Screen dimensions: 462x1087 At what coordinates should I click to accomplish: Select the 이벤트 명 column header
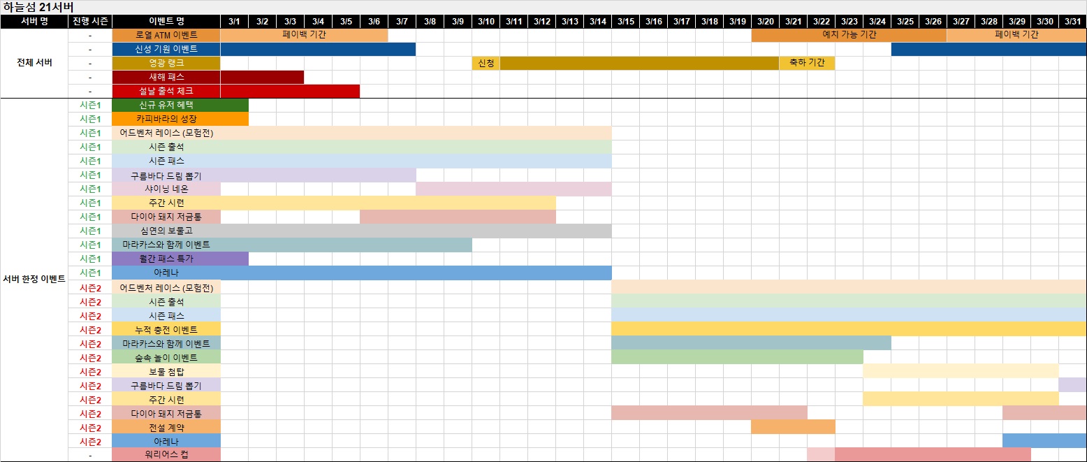166,21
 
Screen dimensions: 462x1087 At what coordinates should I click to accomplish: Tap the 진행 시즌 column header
90,21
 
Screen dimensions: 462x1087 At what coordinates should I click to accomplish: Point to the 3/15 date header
625,21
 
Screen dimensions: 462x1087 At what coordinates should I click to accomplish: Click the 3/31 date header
1072,21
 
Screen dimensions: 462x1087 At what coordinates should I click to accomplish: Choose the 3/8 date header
430,21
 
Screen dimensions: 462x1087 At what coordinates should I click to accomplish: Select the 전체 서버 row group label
34,63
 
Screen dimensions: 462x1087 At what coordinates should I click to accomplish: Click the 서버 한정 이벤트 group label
34,280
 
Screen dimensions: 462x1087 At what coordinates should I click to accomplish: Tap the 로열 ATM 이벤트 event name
166,35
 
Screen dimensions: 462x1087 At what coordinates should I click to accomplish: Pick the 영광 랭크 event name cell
166,63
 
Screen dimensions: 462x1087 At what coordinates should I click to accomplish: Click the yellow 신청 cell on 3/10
486,63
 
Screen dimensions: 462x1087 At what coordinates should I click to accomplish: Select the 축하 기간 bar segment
807,63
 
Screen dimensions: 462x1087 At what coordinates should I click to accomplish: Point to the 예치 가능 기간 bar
849,35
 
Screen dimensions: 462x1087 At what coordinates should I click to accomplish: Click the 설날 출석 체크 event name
166,91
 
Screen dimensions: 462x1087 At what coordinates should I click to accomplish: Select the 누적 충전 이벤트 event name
166,329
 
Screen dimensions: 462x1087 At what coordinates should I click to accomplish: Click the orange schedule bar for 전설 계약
793,427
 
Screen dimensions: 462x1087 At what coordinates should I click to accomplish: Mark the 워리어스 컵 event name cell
166,455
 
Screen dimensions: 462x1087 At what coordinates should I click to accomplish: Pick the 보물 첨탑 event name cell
166,371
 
